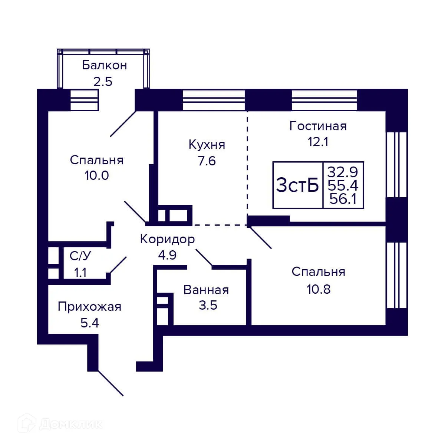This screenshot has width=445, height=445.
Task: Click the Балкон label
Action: (x=104, y=65)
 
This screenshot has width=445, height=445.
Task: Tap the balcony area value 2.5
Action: (x=102, y=81)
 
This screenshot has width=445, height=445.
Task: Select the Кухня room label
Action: (x=207, y=144)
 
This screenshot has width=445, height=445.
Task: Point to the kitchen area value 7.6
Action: (x=207, y=161)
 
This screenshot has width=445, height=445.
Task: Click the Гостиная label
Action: (x=318, y=126)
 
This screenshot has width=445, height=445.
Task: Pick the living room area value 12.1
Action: (x=318, y=142)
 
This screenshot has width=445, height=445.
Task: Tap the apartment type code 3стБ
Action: (x=297, y=185)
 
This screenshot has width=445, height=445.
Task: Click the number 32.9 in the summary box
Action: (x=343, y=172)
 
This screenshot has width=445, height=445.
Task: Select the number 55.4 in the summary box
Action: (x=343, y=185)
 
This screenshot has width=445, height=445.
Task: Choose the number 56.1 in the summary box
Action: (x=343, y=199)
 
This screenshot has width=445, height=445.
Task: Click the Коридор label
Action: (x=167, y=239)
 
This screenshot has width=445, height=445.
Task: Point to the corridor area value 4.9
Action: (x=167, y=255)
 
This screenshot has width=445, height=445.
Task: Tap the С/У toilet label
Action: (x=80, y=256)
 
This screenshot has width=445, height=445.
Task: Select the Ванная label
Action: (x=206, y=290)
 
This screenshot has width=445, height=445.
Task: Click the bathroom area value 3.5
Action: (x=208, y=305)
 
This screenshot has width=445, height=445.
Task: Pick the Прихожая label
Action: (x=89, y=307)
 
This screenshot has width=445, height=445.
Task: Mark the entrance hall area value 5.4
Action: (x=89, y=323)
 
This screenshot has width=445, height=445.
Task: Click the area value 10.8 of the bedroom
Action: (x=319, y=289)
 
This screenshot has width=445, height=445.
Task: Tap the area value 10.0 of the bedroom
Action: (x=96, y=175)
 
